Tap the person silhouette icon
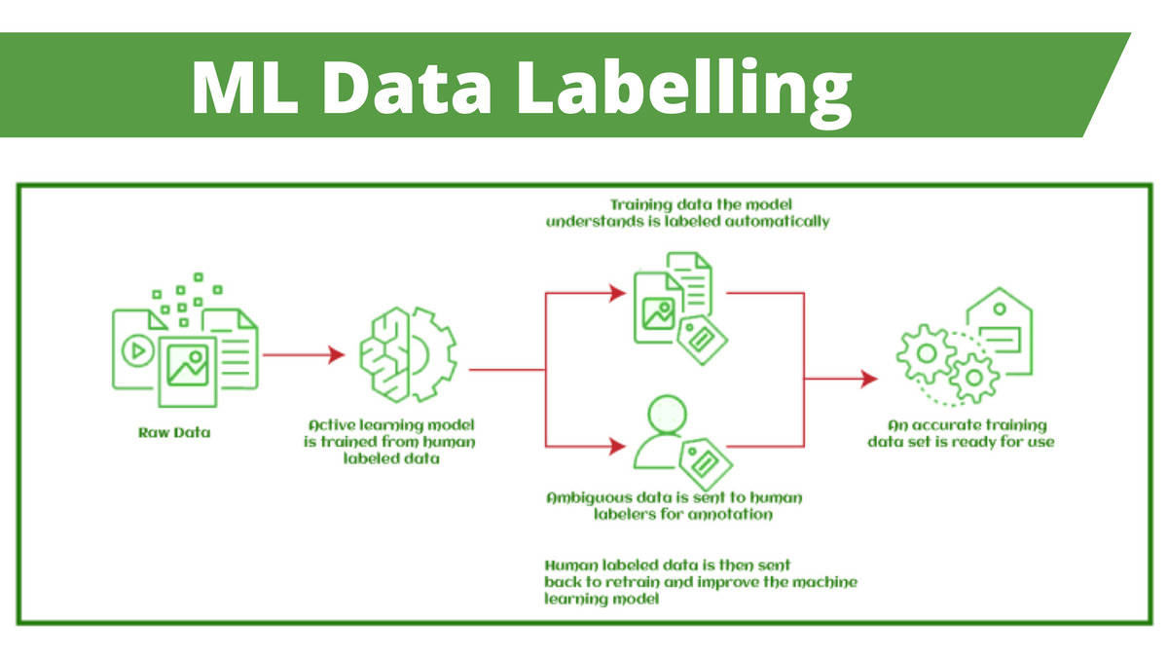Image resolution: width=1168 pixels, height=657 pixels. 661,434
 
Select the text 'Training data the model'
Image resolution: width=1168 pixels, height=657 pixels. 687,204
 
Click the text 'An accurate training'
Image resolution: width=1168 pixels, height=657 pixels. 967,425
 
